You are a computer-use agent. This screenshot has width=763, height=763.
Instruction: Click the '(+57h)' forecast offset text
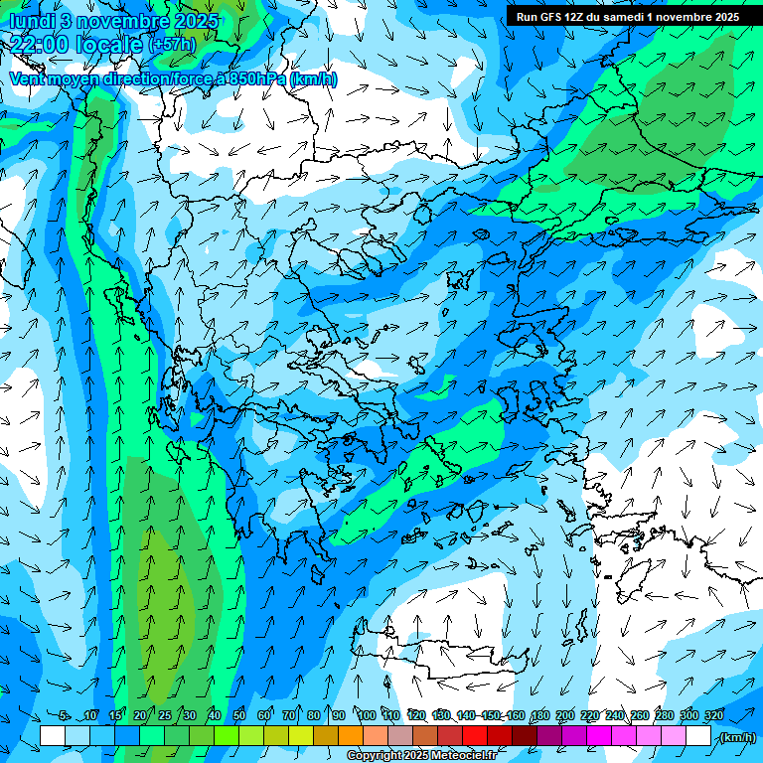[172, 45]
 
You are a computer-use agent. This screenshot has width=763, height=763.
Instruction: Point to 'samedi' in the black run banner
[624, 17]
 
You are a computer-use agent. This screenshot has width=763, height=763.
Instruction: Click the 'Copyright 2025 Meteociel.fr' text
[420, 756]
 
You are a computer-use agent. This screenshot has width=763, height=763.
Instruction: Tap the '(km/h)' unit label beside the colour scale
[737, 737]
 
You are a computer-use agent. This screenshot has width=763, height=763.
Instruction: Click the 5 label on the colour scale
[64, 715]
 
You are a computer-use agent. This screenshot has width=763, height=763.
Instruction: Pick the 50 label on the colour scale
[239, 715]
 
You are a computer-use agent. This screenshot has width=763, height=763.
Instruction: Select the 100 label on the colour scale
[366, 715]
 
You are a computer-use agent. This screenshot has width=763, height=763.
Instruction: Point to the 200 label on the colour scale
[564, 715]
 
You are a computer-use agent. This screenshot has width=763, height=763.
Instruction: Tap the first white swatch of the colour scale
[53, 736]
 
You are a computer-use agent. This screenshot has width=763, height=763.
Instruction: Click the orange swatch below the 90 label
[351, 736]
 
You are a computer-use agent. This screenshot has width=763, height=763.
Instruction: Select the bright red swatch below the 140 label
[475, 736]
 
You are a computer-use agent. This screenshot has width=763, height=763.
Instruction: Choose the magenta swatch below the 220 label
[599, 736]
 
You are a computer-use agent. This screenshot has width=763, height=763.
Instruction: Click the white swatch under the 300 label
[698, 736]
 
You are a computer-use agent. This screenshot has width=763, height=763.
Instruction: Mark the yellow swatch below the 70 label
[301, 736]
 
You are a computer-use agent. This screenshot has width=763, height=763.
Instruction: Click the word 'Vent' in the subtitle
[28, 78]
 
